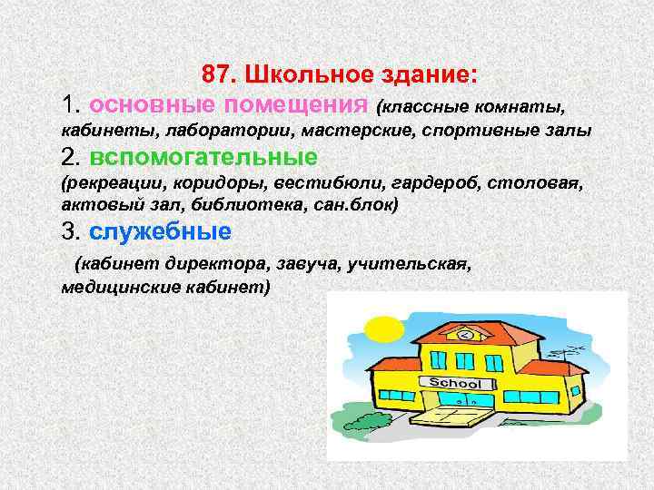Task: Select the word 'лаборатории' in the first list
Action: [x=203, y=131]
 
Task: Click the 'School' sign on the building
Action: [x=454, y=382]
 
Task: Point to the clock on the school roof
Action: [x=467, y=336]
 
